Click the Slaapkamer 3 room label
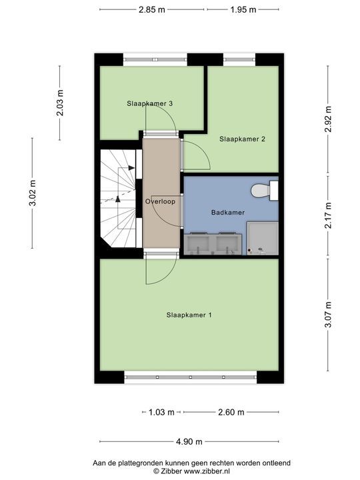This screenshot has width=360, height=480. pos(150,103)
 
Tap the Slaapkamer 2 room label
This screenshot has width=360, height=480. pos(242,139)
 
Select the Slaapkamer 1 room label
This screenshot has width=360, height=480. pos(189,315)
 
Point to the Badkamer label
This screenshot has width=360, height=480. pos(228,212)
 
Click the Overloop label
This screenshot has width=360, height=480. pos(160,201)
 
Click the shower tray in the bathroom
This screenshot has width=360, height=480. pos(263,238)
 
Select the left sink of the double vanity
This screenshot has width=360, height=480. pos(199,244)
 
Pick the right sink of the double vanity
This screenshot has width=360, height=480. pos(227,244)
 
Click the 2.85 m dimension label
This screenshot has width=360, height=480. pos(152,9)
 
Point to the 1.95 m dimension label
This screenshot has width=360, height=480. pos(243,9)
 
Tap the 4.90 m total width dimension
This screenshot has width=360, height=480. pos(189,441)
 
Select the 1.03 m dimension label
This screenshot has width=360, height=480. pos(161,413)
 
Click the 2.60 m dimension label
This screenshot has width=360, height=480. pos(231,413)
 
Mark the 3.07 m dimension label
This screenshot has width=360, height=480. pos(328,315)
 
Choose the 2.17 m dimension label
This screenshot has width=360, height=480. pos(328,215)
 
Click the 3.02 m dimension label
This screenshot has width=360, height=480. pos(33,193)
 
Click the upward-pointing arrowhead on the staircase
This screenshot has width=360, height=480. pos(118,199)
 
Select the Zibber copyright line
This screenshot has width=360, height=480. pos(191,471)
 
